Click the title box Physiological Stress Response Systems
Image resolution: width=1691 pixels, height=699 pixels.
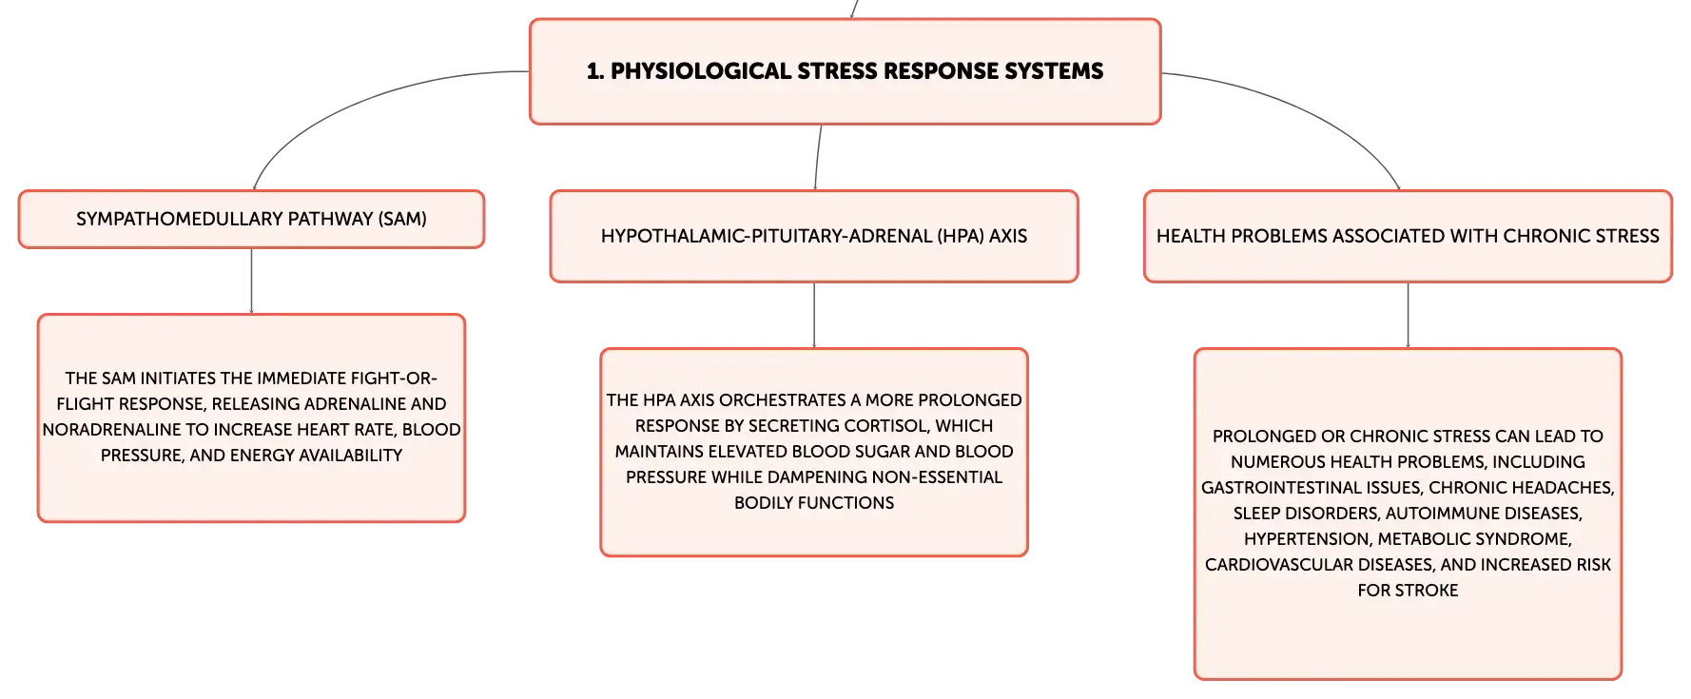pyautogui.click(x=845, y=71)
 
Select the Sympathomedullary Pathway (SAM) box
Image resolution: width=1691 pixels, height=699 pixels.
pyautogui.click(x=251, y=219)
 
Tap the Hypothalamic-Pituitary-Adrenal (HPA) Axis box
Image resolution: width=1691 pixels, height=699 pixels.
pyautogui.click(x=814, y=236)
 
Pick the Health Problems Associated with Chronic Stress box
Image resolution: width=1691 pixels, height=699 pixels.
pyautogui.click(x=1408, y=236)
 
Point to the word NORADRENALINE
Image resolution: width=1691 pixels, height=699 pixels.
pyautogui.click(x=111, y=429)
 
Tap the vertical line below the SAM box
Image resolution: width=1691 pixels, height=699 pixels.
pyautogui.click(x=251, y=281)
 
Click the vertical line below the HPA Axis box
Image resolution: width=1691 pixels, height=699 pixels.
pyautogui.click(x=814, y=315)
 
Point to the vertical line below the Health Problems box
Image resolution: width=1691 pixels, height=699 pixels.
pyautogui.click(x=1408, y=315)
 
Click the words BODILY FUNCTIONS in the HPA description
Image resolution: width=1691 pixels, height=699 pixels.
pyautogui.click(x=814, y=502)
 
